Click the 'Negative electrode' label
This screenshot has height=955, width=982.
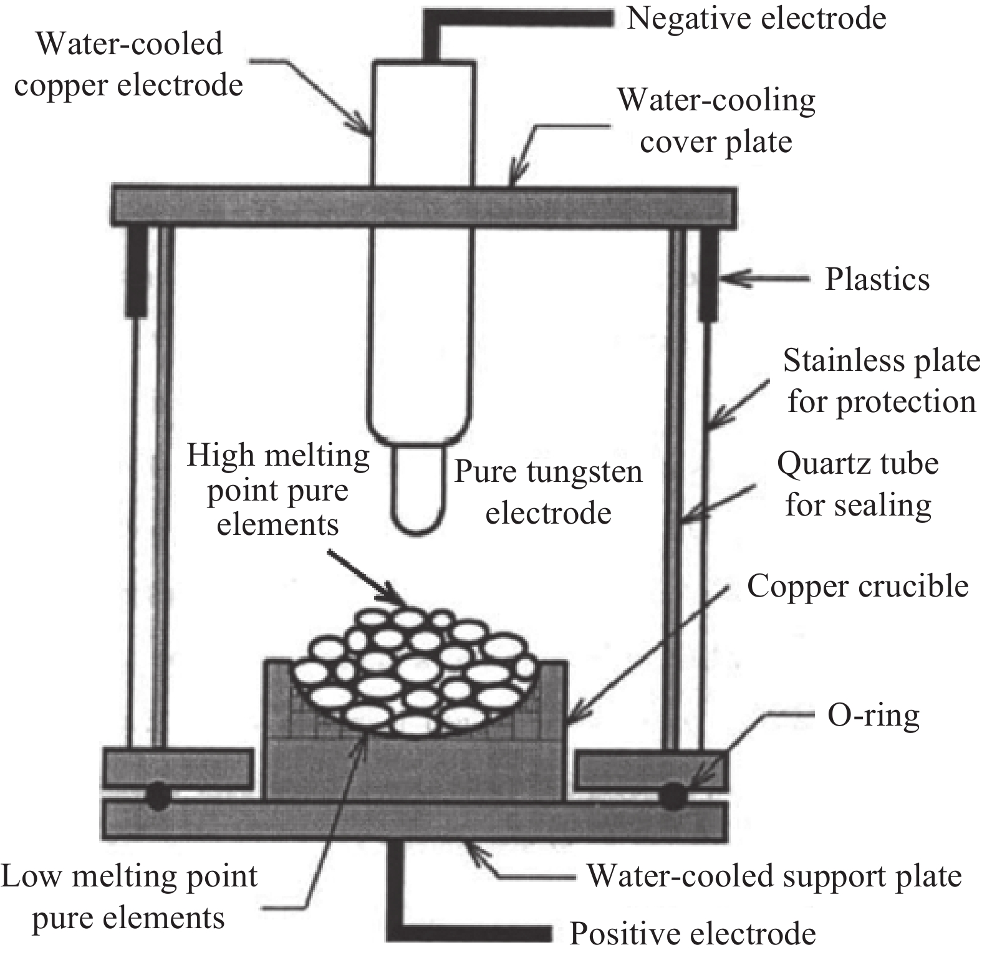tap(756, 18)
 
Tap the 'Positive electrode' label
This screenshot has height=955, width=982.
tap(693, 934)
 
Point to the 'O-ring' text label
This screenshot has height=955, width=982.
tap(874, 716)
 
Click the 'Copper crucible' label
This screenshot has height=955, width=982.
tap(858, 586)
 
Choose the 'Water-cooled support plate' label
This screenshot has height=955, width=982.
tap(775, 876)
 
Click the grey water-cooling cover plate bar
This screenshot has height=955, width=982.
tap(423, 206)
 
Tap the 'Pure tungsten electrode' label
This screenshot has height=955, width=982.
tap(547, 492)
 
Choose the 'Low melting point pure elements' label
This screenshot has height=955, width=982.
tap(128, 897)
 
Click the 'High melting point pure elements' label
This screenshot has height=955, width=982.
tap(278, 489)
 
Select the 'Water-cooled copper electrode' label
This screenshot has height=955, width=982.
tap(128, 65)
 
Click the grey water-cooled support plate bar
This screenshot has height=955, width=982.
tap(415, 820)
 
